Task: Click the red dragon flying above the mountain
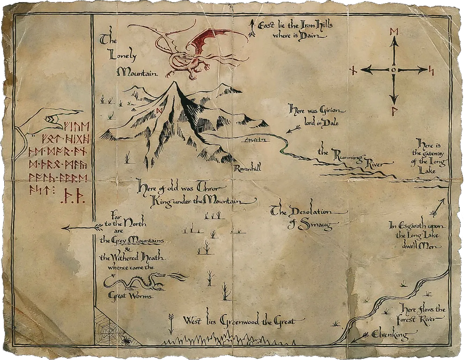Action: pyautogui.click(x=189, y=52)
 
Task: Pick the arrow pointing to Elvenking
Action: pyautogui.click(x=360, y=337)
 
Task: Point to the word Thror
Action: pyautogui.click(x=209, y=188)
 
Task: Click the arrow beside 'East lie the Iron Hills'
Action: pyautogui.click(x=251, y=28)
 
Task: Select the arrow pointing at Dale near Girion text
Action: pyautogui.click(x=293, y=130)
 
